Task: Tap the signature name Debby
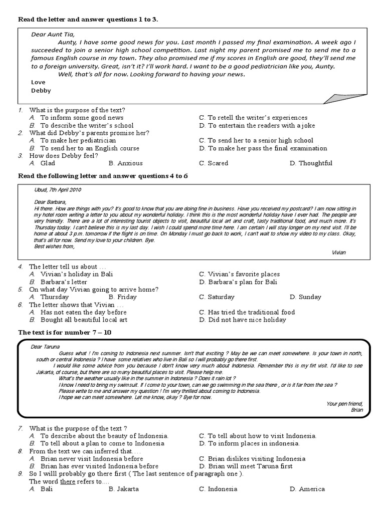click(x=41, y=91)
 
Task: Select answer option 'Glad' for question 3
click(x=48, y=163)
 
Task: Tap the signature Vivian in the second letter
click(x=339, y=252)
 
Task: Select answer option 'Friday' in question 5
click(x=126, y=297)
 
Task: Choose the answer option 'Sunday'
click(x=309, y=297)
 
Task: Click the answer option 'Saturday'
click(x=221, y=297)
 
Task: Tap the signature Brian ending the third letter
click(x=356, y=410)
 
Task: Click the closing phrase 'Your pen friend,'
click(x=344, y=403)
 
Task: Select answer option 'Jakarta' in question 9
click(x=127, y=489)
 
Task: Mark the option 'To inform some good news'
click(x=82, y=118)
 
